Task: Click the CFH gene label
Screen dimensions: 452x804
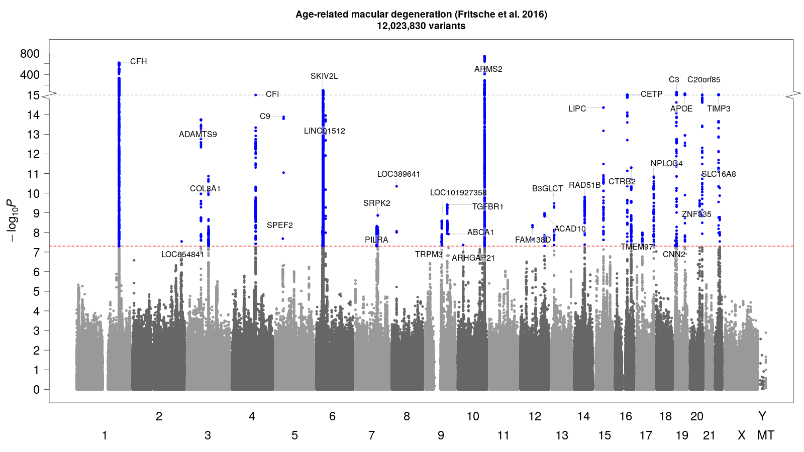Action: tap(138, 62)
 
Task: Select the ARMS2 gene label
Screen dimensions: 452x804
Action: tap(488, 69)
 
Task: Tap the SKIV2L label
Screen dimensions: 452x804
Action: tap(324, 76)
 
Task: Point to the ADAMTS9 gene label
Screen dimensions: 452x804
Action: tap(198, 135)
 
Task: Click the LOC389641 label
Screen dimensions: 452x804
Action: tap(398, 174)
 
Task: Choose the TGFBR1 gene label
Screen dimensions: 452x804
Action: tap(487, 207)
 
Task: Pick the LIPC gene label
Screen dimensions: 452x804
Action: tap(577, 109)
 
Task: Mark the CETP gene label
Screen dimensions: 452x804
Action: tap(651, 94)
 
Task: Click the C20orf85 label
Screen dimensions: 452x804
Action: tap(703, 80)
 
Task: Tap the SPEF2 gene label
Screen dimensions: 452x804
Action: tap(279, 225)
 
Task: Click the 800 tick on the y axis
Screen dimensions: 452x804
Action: tap(30, 54)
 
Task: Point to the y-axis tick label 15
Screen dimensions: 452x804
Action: tap(33, 95)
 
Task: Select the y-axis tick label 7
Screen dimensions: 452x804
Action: tap(36, 253)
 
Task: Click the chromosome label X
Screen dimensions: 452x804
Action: tap(741, 435)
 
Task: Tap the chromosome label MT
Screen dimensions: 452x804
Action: tap(765, 435)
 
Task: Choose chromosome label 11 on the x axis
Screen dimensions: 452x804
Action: tap(503, 435)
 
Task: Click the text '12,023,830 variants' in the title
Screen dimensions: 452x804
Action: tap(421, 26)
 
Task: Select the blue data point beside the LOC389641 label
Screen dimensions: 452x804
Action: tap(397, 186)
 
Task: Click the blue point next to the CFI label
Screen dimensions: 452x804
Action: tap(256, 95)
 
